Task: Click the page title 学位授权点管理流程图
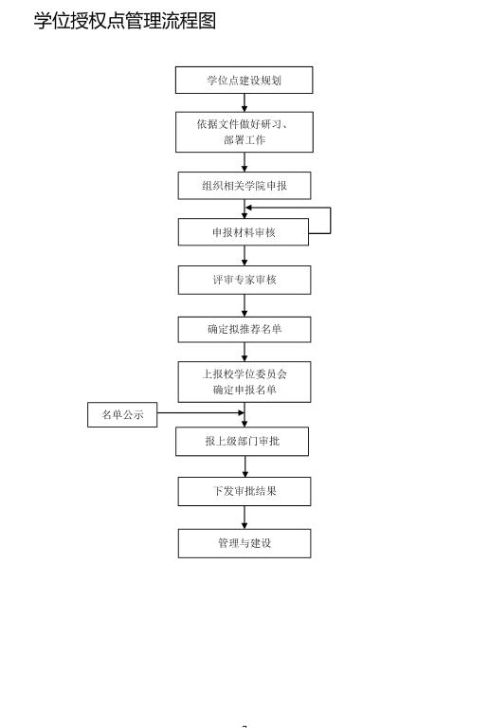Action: [125, 21]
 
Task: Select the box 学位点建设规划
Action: [244, 81]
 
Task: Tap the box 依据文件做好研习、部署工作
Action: [244, 132]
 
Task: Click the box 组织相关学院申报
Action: [244, 186]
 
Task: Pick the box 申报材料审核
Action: [244, 232]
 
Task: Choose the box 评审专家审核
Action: [244, 280]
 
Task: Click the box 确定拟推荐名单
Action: [244, 330]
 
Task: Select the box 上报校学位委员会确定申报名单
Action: [244, 382]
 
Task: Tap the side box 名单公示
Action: [122, 414]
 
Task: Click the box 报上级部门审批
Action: [242, 442]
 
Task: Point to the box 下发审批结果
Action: [244, 491]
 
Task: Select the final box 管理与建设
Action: [244, 543]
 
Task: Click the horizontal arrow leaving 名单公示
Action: [199, 413]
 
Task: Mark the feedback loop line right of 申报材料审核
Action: [330, 220]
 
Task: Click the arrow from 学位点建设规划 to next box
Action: [244, 102]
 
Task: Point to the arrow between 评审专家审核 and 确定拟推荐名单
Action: [244, 305]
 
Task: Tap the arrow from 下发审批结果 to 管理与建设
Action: [244, 518]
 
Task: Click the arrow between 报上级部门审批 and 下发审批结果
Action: [244, 466]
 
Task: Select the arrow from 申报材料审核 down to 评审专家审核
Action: [244, 256]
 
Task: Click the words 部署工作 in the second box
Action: [244, 140]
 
